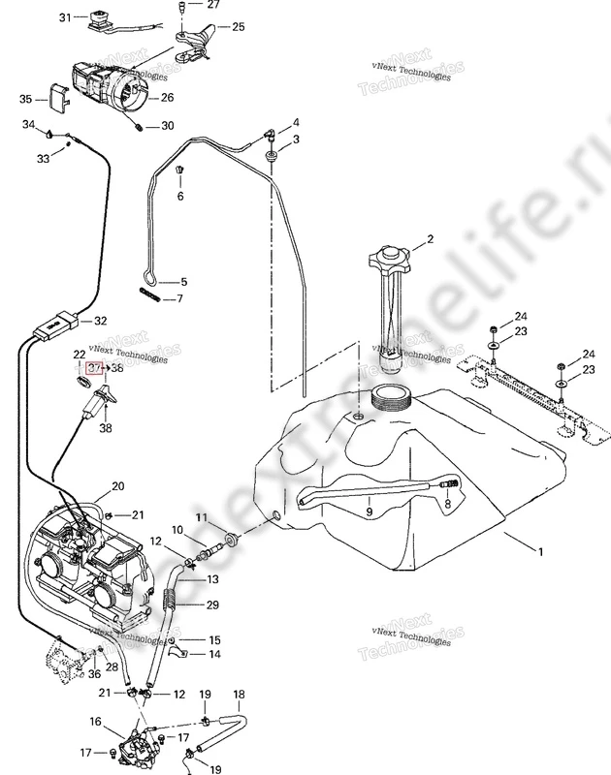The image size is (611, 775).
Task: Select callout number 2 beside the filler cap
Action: [429, 238]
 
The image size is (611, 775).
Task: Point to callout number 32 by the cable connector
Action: [100, 321]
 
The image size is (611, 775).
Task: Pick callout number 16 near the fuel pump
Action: [95, 722]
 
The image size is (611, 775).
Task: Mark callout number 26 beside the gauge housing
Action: [168, 97]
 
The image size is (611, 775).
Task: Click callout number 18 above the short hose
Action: [239, 695]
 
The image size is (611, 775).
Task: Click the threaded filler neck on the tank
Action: [393, 397]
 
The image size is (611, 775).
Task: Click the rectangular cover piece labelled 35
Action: [57, 98]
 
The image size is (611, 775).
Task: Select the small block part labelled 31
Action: [97, 19]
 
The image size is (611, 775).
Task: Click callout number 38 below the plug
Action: [105, 427]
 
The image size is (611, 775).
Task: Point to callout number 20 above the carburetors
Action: [118, 486]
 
